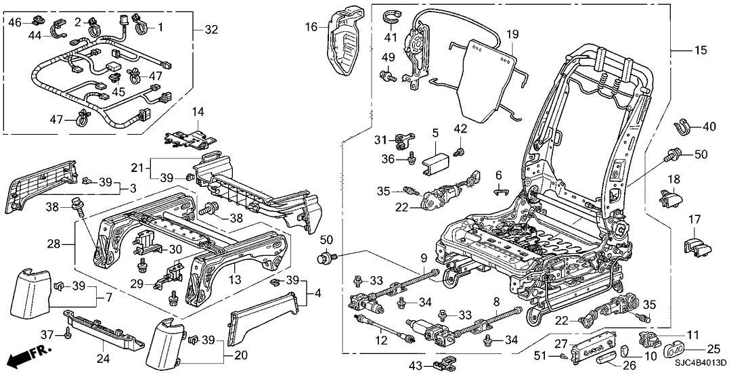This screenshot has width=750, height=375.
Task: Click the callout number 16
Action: point(311,27)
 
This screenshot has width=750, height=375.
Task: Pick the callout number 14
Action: point(197,111)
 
